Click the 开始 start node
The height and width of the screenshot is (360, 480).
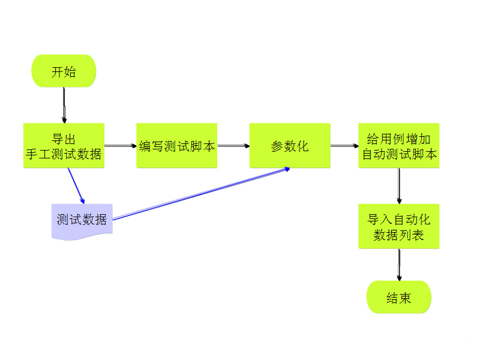(x=64, y=71)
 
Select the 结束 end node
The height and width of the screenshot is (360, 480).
(x=399, y=297)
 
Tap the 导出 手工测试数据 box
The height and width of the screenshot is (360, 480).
(x=64, y=146)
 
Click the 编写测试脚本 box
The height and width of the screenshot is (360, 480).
(x=176, y=146)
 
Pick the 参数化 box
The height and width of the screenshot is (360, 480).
(x=290, y=146)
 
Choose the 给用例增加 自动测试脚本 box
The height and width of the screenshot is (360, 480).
(x=399, y=146)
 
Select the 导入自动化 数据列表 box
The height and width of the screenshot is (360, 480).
(x=399, y=226)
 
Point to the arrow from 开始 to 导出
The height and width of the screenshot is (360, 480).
(x=64, y=105)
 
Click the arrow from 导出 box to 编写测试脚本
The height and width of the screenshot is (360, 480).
(x=121, y=146)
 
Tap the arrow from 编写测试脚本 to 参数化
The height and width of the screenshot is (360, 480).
(x=233, y=146)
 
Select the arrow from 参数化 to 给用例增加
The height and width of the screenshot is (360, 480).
(x=344, y=146)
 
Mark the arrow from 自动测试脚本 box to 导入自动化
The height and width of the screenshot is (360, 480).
(x=399, y=186)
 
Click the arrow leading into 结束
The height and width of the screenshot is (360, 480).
(x=399, y=265)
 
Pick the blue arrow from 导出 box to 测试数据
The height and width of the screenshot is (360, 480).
(x=76, y=186)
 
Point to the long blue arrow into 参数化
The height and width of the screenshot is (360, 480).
(x=201, y=193)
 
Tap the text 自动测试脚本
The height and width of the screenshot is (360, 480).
(x=399, y=154)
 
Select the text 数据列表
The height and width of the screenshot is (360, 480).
(x=399, y=235)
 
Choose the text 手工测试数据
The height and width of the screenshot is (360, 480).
(x=64, y=154)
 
